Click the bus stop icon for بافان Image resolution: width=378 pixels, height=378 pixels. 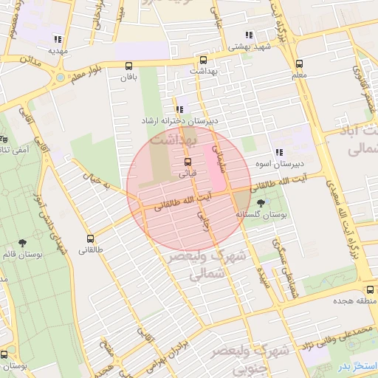click(129, 65)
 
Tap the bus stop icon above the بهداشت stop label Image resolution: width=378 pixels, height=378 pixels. click(203, 60)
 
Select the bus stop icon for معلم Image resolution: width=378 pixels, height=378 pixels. click(299, 64)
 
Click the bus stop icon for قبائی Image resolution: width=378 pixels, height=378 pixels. click(187, 162)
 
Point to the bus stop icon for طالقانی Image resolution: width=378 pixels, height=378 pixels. click(91, 238)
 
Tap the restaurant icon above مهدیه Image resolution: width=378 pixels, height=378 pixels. click(58, 39)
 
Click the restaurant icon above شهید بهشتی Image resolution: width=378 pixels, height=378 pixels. click(250, 34)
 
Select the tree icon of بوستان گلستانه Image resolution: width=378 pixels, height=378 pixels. click(261, 202)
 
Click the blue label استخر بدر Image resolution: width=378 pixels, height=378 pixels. click(357, 366)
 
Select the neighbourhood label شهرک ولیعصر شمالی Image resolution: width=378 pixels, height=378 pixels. click(195, 266)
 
